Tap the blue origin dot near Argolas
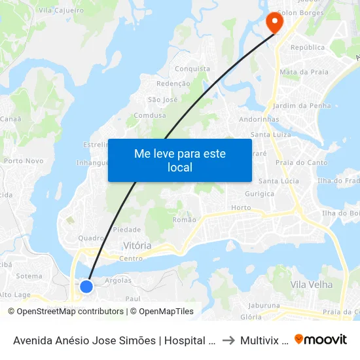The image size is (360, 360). pos(86,286)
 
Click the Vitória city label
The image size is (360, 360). pos(137,245)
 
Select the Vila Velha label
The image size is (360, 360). pos(312,285)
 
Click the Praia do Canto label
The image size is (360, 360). pos(302,162)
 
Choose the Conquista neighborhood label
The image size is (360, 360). pos(192,69)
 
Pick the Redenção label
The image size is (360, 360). pos(173,84)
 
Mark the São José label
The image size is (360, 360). pos(163,99)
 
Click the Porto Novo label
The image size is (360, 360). pos(24,160)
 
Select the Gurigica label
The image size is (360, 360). pos(260,194)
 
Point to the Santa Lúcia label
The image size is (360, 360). pos(278,181)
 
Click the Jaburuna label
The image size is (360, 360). pos(264,305)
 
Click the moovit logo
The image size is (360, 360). pos(321,340)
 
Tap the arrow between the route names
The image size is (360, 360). pos(228,340)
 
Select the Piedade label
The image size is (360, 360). pos(127,230)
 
